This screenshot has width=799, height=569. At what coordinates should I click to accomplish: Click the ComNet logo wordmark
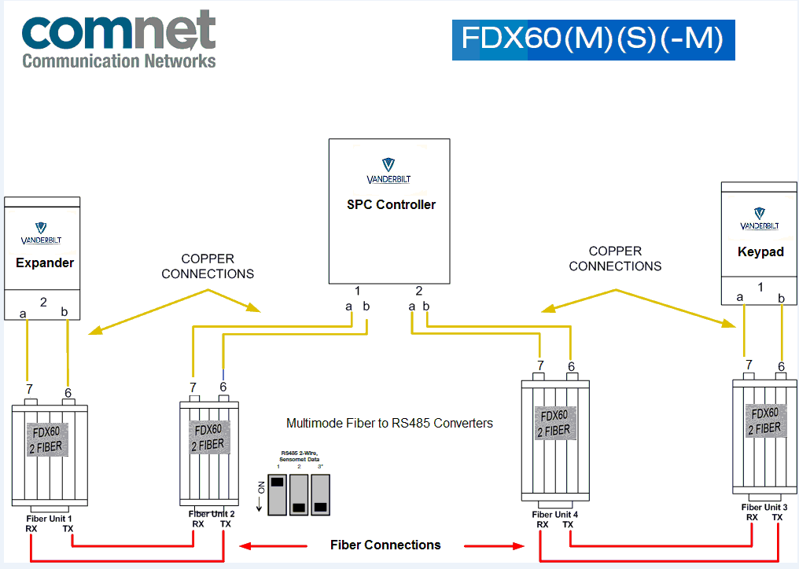pyautogui.click(x=118, y=31)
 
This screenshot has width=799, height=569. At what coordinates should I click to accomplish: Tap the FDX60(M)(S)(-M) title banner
pyautogui.click(x=593, y=40)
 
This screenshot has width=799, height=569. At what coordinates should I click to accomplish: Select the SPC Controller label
pyautogui.click(x=391, y=204)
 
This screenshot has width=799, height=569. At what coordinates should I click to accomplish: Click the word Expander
pyautogui.click(x=45, y=262)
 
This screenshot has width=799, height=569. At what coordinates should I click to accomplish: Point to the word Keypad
pyautogui.click(x=760, y=252)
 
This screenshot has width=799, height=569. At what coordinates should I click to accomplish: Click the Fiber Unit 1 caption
pyautogui.click(x=50, y=519)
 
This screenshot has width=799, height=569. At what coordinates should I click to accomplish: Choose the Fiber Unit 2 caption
pyautogui.click(x=212, y=513)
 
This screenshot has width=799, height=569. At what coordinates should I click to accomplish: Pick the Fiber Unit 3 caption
pyautogui.click(x=764, y=507)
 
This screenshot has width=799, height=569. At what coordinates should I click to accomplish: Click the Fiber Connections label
pyautogui.click(x=385, y=545)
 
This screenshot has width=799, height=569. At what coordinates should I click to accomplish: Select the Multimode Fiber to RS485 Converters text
pyautogui.click(x=389, y=423)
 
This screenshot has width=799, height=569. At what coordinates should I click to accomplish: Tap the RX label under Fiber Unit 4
pyautogui.click(x=543, y=525)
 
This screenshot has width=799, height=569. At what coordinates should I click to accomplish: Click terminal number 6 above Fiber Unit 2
pyautogui.click(x=223, y=387)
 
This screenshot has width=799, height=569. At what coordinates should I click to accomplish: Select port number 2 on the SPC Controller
pyautogui.click(x=419, y=291)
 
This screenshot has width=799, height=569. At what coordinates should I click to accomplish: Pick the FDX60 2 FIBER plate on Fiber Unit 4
pyautogui.click(x=554, y=423)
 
